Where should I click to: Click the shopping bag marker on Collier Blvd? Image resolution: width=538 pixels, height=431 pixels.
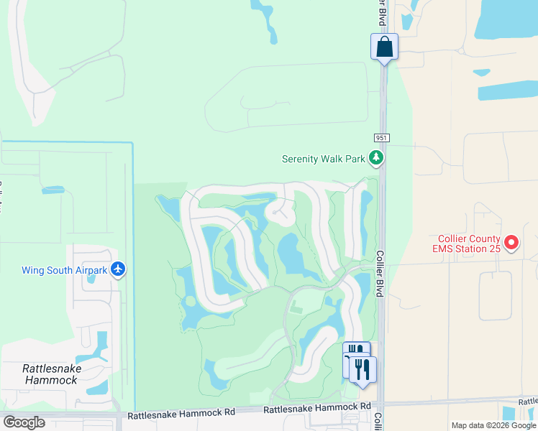385,47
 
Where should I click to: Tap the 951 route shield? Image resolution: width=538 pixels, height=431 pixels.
381,137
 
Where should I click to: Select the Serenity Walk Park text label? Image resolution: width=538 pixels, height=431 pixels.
324,159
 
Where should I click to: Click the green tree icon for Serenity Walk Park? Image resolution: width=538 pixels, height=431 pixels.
375,157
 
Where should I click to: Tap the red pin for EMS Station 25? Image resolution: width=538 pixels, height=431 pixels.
511,243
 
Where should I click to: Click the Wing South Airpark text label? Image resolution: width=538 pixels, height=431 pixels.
64,270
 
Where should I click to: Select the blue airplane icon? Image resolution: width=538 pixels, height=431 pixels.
118,269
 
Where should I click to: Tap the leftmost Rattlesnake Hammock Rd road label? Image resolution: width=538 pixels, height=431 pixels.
181,414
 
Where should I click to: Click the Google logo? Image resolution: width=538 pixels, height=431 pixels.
24,422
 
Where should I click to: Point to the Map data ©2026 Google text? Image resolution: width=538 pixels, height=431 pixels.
493,425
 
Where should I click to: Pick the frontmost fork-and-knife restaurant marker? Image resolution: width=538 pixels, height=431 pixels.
364,369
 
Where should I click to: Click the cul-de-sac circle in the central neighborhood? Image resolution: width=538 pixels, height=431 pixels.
280,213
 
